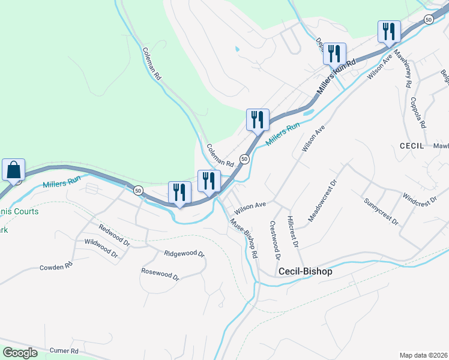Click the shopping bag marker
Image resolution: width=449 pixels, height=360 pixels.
tap(13, 170)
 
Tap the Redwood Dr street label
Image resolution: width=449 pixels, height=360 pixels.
tap(115, 235)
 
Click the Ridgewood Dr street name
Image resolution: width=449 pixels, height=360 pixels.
tap(184, 253)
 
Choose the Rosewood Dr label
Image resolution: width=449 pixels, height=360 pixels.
tap(160, 274)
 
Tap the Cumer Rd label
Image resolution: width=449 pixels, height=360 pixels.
tap(65, 350)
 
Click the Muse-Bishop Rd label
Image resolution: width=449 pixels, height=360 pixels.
tap(245, 238)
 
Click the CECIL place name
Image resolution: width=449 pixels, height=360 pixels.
tap(412, 146)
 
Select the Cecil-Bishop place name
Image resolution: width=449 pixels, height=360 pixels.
tap(305, 271)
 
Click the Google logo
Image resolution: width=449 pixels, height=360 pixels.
tap(20, 353)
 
